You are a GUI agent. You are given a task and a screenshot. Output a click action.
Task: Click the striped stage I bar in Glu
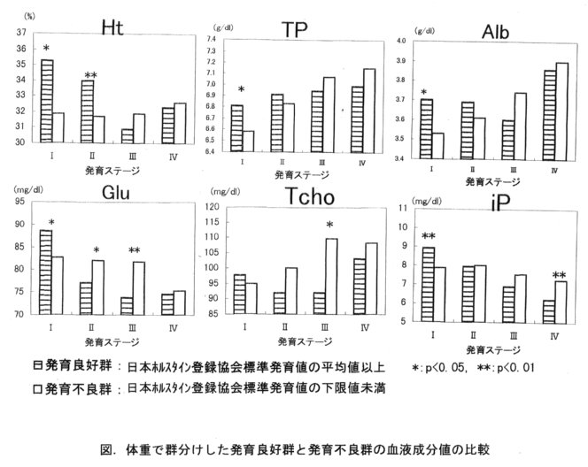pos(46,272)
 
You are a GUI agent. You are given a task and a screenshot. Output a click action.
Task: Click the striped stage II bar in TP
pos(278,123)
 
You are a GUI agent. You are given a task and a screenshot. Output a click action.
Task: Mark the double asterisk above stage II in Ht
pos(89,75)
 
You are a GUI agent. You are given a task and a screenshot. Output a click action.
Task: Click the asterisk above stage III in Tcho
pos(329,226)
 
